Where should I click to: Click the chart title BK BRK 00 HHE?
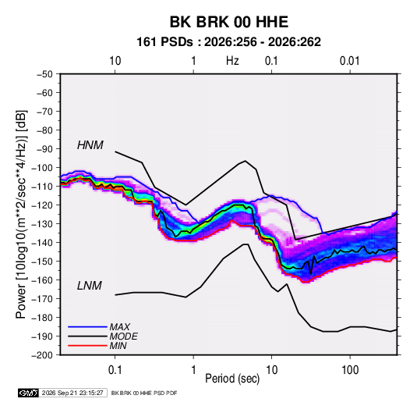[229, 22]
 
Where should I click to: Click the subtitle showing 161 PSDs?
[228, 42]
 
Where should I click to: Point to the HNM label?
[90, 145]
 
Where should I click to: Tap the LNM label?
[90, 286]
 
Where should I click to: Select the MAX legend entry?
[120, 326]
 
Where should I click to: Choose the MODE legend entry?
[123, 336]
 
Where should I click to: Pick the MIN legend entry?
[118, 346]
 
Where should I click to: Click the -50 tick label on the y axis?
[44, 74]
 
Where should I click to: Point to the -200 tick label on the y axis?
[42, 355]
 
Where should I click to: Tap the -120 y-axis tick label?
[42, 205]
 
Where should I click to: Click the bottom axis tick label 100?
[350, 370]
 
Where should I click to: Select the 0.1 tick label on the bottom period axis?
[115, 370]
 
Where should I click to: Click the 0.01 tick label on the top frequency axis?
[350, 61]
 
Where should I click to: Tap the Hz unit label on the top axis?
[232, 61]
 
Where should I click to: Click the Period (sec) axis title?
[232, 379]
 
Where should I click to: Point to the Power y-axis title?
[21, 215]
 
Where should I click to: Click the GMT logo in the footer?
[28, 393]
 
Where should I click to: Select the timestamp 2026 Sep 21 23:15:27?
[72, 393]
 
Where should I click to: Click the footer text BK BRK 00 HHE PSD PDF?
[144, 393]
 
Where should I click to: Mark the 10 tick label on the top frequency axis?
[115, 61]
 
